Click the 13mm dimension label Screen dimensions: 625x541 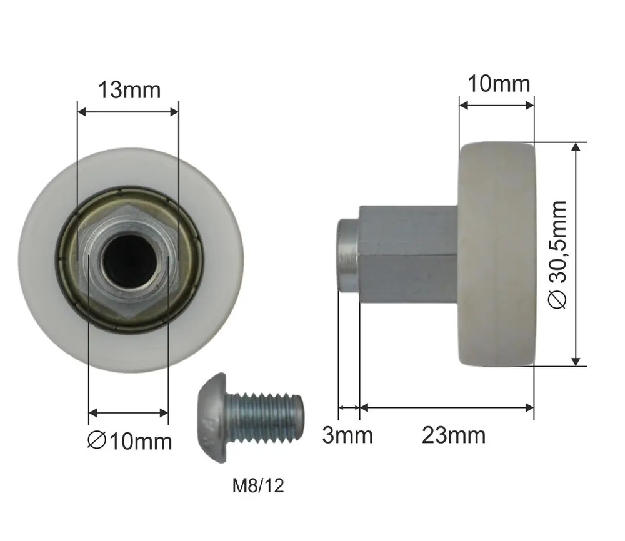[x=129, y=91]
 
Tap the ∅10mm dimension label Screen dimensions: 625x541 [x=130, y=442]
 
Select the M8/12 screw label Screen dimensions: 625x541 [x=258, y=485]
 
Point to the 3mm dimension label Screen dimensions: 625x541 [x=347, y=435]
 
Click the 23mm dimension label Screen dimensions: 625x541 [x=454, y=435]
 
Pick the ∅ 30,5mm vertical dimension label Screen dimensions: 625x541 [x=557, y=255]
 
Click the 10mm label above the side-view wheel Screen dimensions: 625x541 [x=499, y=84]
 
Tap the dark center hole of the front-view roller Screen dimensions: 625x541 [x=129, y=258]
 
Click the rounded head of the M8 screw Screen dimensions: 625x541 [x=212, y=419]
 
